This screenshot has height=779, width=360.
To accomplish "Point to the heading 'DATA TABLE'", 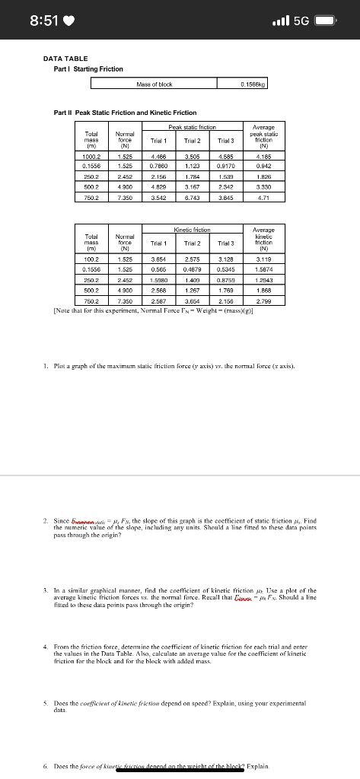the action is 65,59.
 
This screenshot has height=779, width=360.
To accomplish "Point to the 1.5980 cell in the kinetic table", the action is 157,278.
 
